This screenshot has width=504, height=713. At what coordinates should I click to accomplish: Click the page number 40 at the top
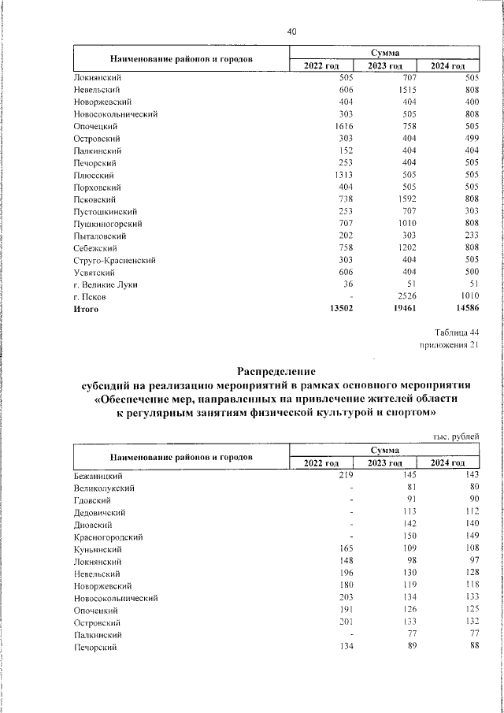(x=292, y=32)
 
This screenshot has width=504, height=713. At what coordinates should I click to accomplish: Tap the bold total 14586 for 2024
(x=464, y=310)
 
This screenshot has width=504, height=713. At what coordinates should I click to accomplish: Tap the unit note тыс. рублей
(x=456, y=436)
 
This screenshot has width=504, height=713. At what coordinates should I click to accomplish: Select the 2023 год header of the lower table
(x=385, y=462)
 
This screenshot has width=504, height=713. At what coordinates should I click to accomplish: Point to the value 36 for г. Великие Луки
(x=346, y=284)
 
